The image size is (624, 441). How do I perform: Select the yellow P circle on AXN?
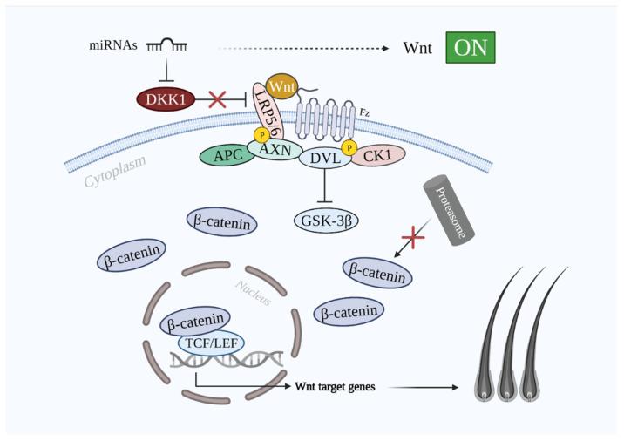(x=261, y=136)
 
